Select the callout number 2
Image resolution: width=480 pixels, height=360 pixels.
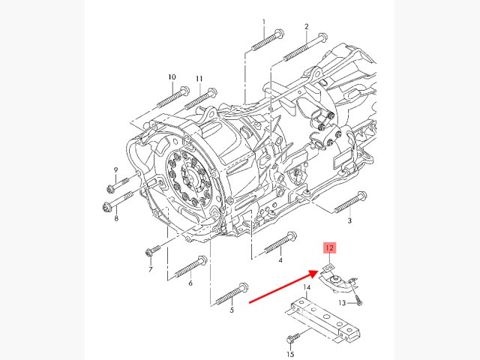(x=307, y=27)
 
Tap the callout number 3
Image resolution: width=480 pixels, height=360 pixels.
(x=349, y=222)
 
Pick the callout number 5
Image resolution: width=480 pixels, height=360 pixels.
(x=232, y=309)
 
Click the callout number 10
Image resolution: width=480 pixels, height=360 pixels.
(x=172, y=77)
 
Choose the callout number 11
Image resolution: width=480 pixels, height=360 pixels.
(x=199, y=79)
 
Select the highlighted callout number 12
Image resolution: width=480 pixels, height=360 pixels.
(x=329, y=247)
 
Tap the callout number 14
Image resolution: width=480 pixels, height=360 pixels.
(x=307, y=288)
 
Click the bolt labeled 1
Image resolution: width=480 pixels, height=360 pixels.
(x=265, y=39)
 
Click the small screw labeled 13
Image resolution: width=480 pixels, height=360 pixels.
(x=359, y=300)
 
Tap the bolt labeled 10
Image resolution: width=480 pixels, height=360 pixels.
(x=172, y=97)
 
